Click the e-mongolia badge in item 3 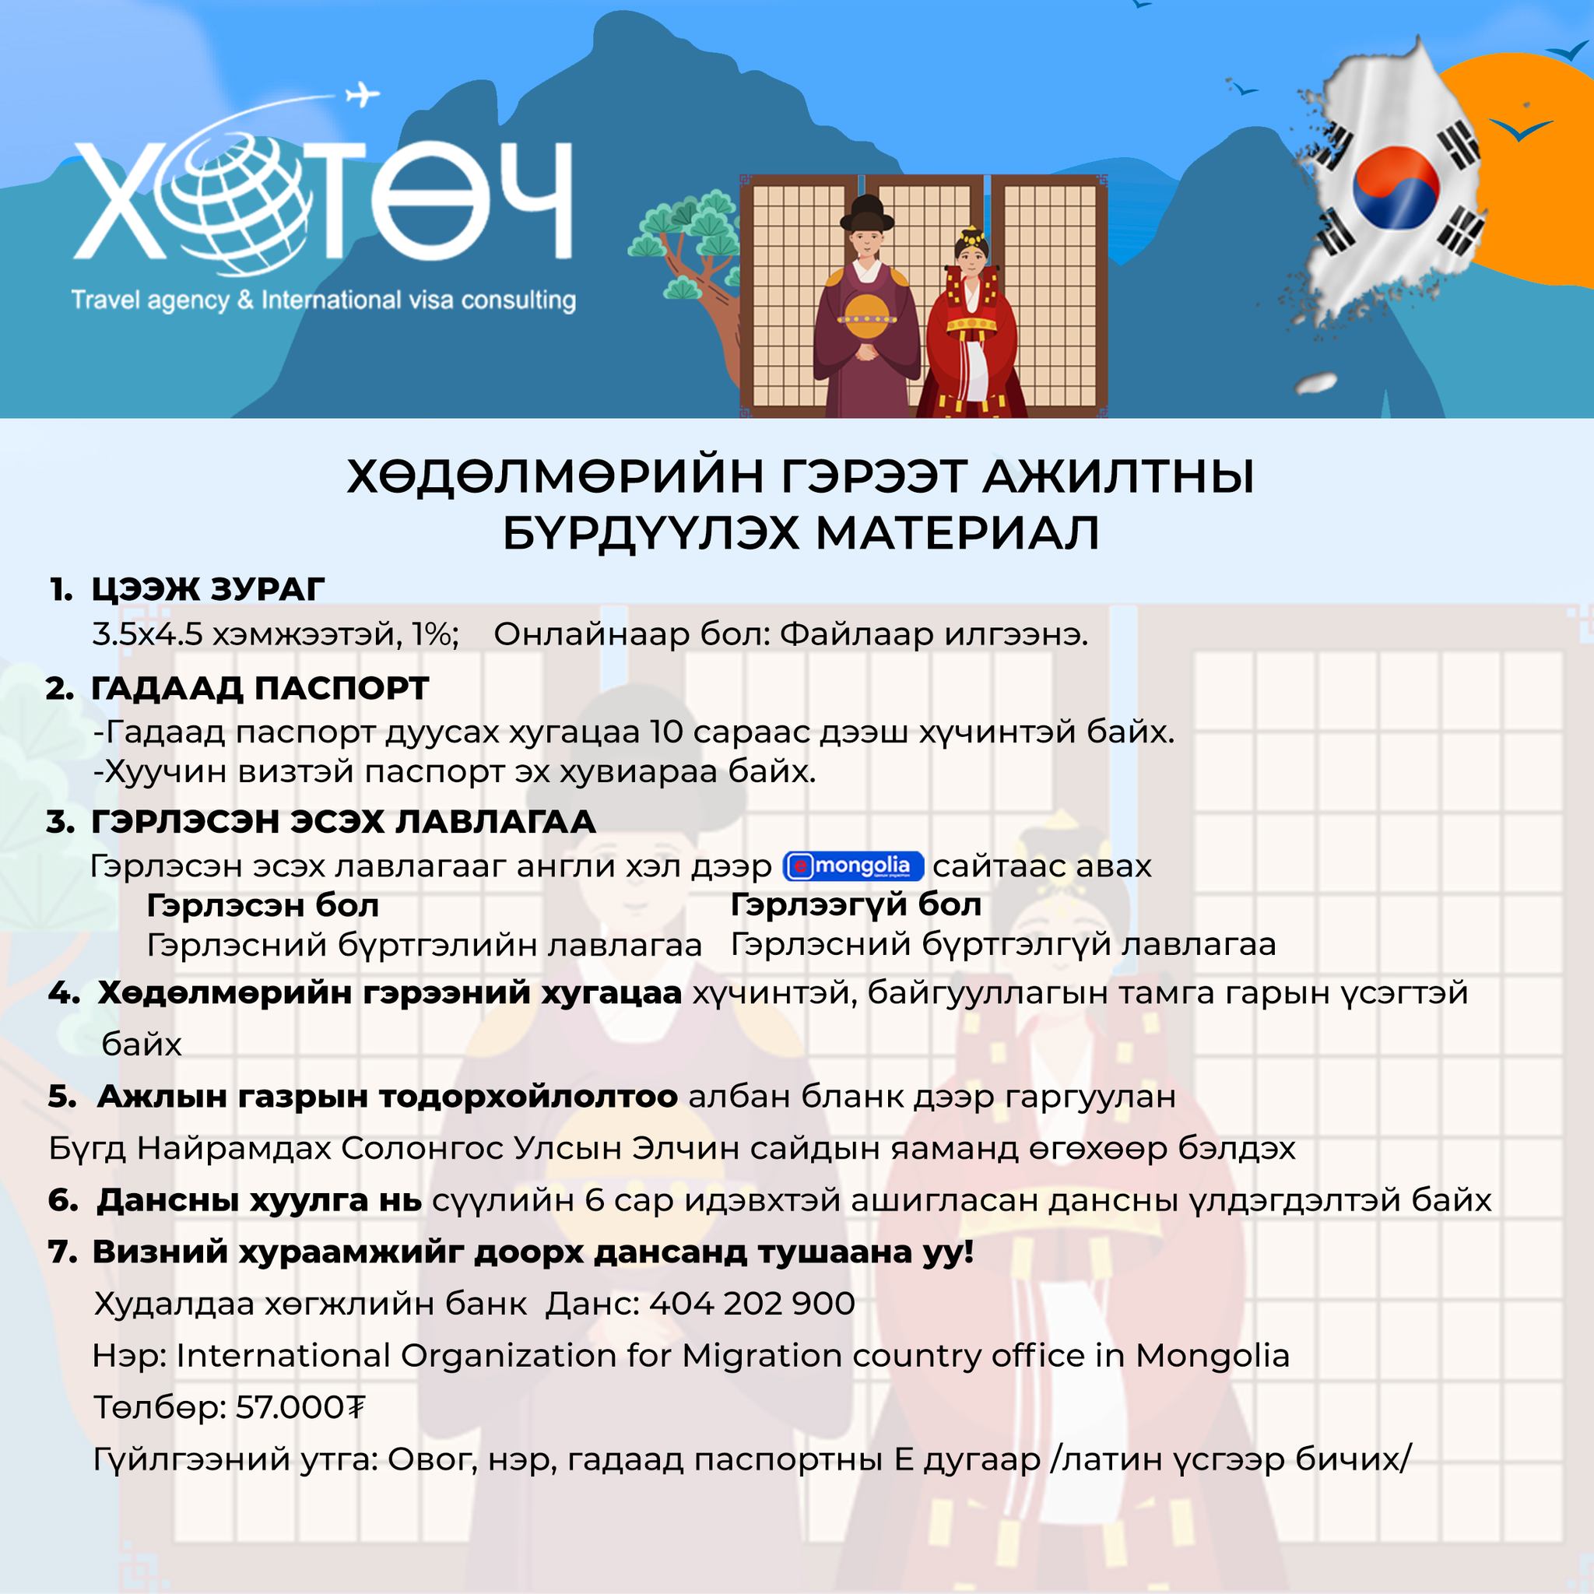pyautogui.click(x=852, y=866)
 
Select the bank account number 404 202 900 pyautogui.click(x=752, y=1304)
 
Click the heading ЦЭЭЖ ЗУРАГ pyautogui.click(x=208, y=589)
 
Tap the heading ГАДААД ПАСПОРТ pyautogui.click(x=260, y=688)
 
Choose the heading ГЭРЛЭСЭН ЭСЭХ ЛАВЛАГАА pyautogui.click(x=343, y=822)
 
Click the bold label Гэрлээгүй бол pyautogui.click(x=855, y=905)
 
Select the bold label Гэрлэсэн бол pyautogui.click(x=262, y=906)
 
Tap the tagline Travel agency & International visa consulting pyautogui.click(x=324, y=300)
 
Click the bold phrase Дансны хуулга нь pyautogui.click(x=259, y=1200)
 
